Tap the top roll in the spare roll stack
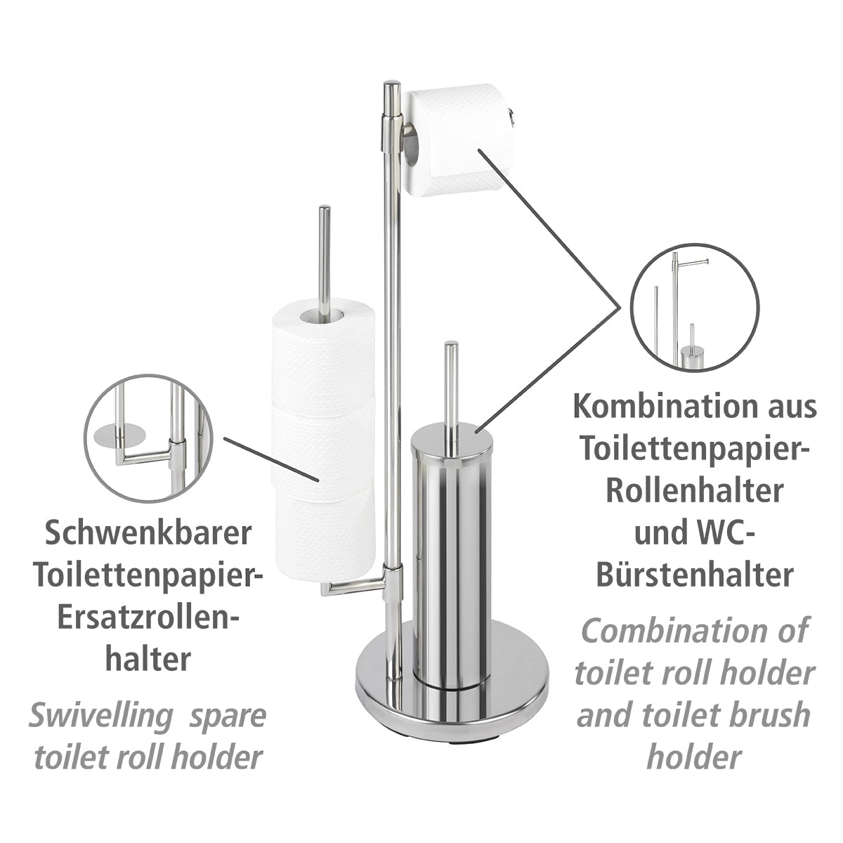click(323, 351)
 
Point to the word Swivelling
click(98, 717)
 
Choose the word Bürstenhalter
click(695, 575)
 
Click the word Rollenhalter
click(695, 491)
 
